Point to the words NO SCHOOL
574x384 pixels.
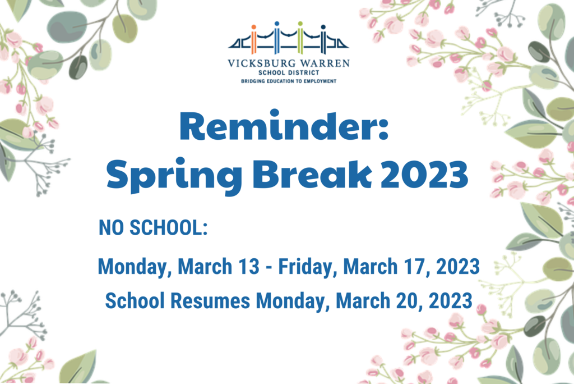(150, 227)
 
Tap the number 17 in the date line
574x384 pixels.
(414, 266)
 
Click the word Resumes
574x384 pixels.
(211, 301)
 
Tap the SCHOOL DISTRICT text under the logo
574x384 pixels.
(289, 72)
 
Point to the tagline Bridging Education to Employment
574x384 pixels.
(289, 81)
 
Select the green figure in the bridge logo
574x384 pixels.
(300, 38)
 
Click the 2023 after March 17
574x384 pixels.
(458, 266)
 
